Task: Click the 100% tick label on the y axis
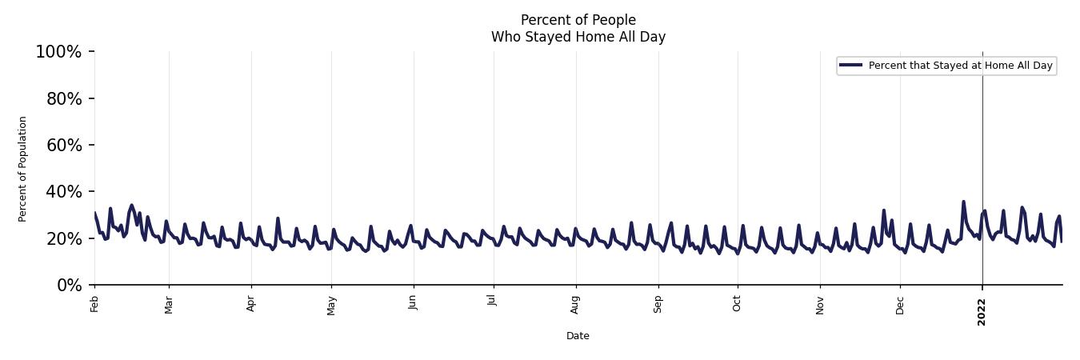coord(58,52)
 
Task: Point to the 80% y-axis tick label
coord(62,98)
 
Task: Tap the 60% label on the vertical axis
coord(62,145)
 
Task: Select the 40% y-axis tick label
coord(62,192)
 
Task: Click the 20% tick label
coord(62,238)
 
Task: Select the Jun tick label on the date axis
coord(413,303)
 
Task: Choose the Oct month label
coord(737,303)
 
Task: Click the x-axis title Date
coord(578,336)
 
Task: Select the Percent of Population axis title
coord(22,169)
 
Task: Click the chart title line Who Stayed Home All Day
coord(578,37)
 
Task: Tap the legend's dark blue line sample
coord(851,66)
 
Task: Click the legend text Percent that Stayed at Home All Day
coord(960,66)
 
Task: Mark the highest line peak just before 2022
coord(963,202)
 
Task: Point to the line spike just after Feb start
coord(110,209)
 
